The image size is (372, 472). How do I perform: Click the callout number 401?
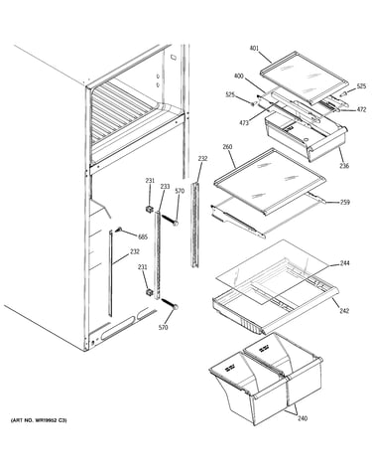254,49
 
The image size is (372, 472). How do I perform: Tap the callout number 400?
238,77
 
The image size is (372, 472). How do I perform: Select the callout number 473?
244,123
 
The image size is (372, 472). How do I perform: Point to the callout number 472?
361,109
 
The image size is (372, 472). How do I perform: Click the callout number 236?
344,166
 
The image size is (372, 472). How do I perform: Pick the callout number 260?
227,146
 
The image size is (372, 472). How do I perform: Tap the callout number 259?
345,202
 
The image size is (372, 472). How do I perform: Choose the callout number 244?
345,263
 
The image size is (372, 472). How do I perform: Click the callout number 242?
344,311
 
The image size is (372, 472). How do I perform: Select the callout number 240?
303,418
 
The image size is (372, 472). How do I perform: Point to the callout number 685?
143,236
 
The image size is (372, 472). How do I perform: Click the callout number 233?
165,187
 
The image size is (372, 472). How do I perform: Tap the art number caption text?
39,420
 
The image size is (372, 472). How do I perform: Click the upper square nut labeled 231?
149,210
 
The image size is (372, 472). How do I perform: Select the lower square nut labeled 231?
150,292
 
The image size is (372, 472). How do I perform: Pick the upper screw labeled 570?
170,220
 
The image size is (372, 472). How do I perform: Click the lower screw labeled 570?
171,303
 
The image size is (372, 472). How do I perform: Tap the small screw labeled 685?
119,230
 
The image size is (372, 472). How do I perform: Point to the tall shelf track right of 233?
195,225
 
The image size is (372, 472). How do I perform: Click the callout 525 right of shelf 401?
361,86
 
